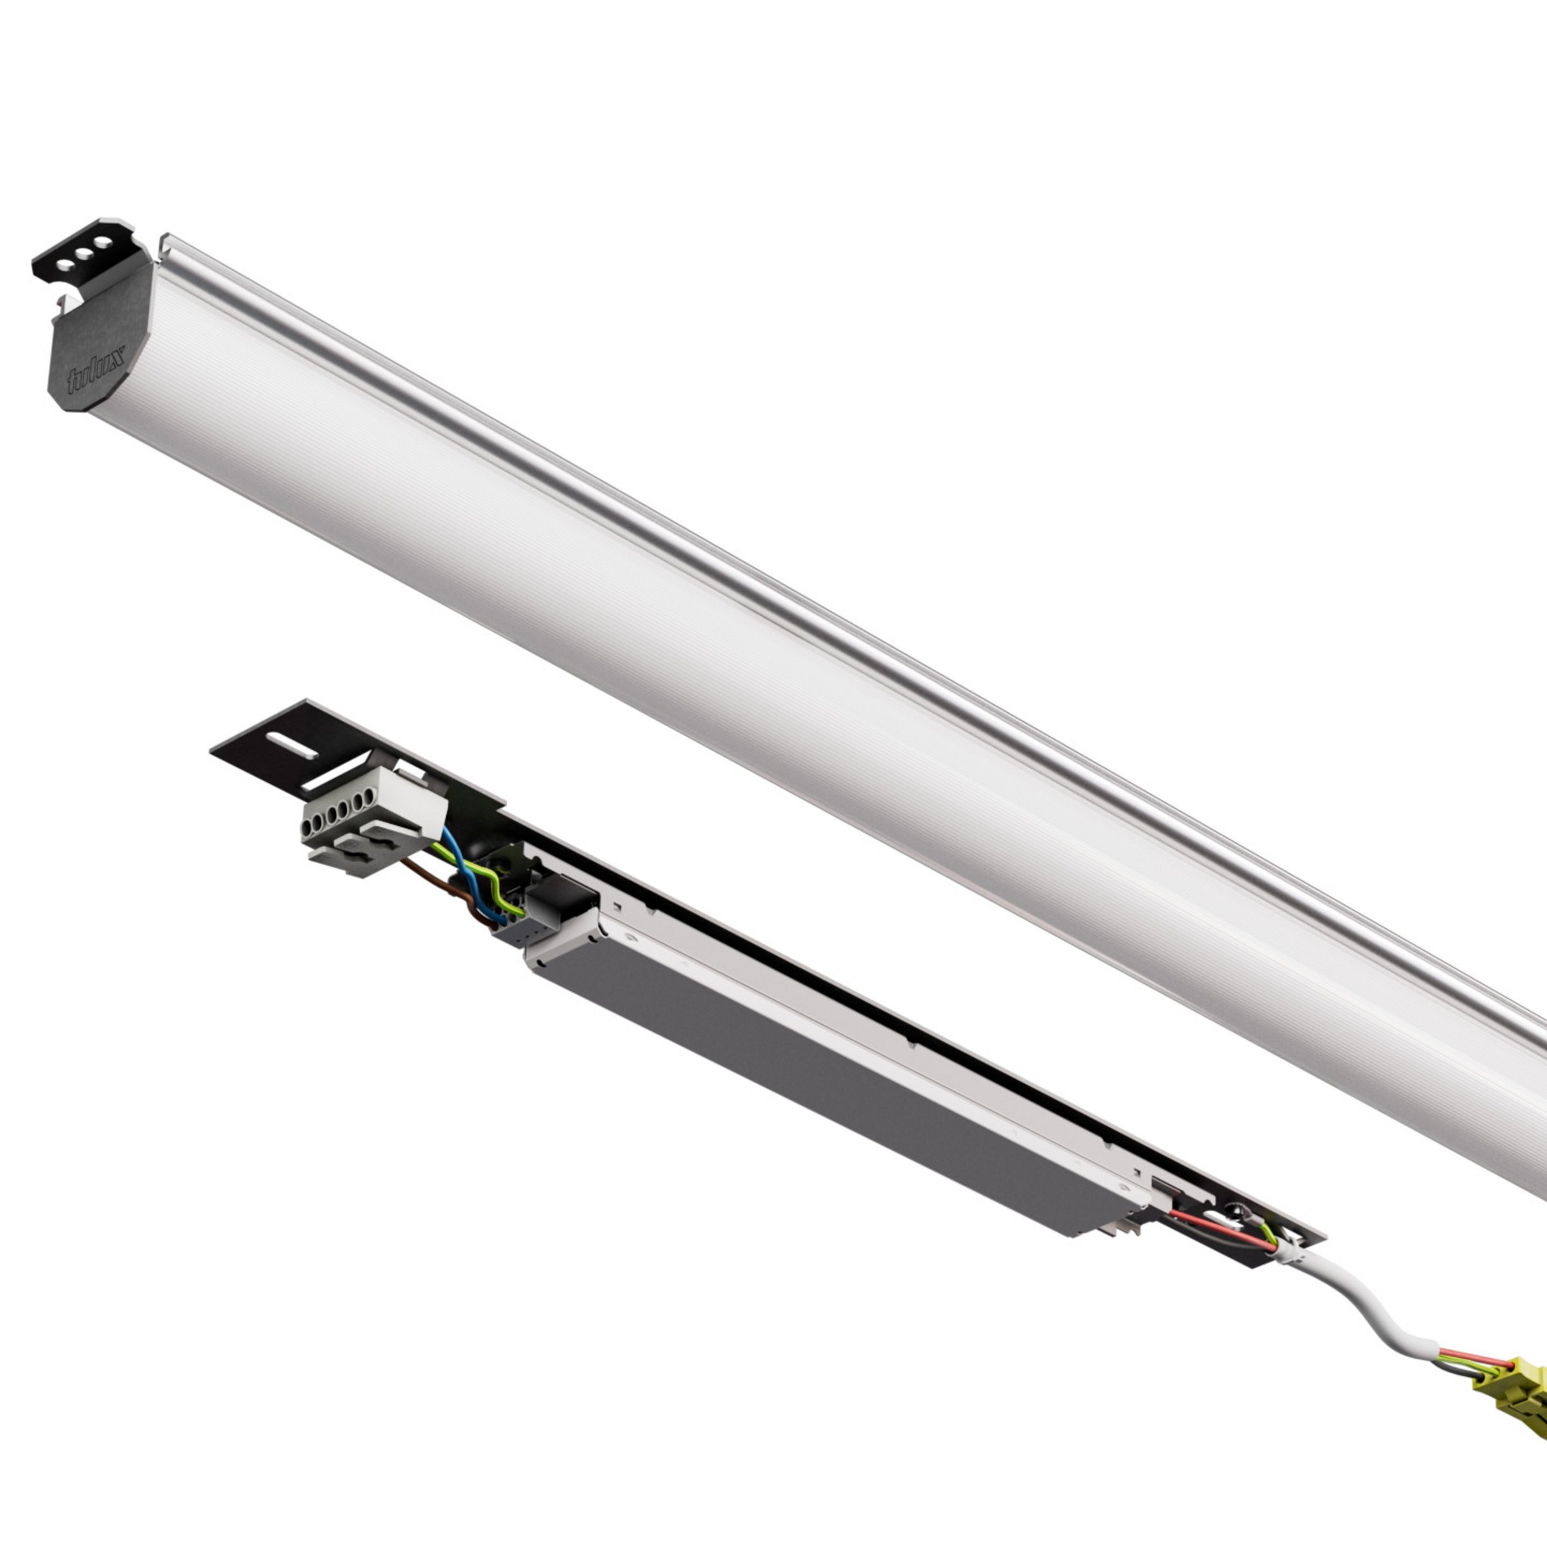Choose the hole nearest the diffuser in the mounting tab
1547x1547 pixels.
coord(103,242)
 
